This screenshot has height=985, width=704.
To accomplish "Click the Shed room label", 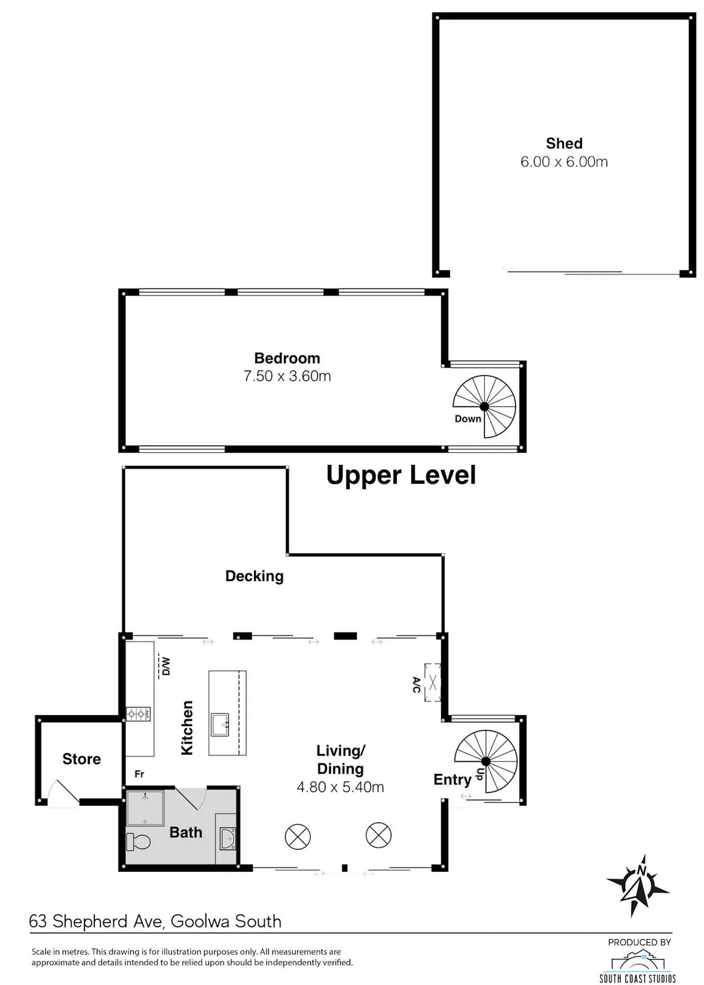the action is (564, 143).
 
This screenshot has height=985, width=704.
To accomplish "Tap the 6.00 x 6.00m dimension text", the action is (564, 162).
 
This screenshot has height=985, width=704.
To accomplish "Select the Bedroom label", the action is (287, 358).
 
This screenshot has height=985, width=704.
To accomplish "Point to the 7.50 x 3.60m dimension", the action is (287, 376).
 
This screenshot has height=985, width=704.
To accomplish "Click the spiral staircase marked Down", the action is (484, 406).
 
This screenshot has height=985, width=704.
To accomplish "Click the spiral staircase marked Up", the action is (486, 762).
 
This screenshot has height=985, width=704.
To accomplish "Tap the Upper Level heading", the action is (401, 475).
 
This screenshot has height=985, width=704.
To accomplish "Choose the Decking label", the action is (255, 576).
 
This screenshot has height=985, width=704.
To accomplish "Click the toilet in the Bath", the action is (138, 842).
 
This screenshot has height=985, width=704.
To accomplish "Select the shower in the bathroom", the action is (145, 808).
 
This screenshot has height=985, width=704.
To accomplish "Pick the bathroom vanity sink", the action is (228, 838).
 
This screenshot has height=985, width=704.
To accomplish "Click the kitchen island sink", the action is (220, 725).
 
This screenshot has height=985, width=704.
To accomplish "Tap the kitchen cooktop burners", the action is (138, 714).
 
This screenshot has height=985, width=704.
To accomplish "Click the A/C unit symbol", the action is (432, 682).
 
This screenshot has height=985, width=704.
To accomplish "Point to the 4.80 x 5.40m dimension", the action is (340, 787).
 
